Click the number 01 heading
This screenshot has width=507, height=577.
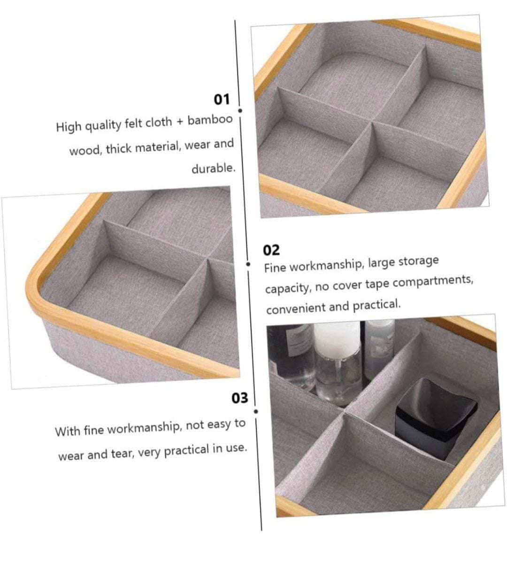pos(222,100)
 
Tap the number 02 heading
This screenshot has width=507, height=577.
pos(271,250)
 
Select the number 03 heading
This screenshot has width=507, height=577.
pos(239,398)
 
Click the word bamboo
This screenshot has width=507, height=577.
pos(210,120)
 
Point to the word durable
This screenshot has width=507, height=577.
pos(214,169)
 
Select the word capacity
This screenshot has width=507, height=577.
pos(287,289)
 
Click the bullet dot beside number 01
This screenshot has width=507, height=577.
pos(240,110)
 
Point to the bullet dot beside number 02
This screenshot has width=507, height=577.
pos(248,264)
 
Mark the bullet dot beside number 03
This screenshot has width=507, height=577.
pos(256,411)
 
